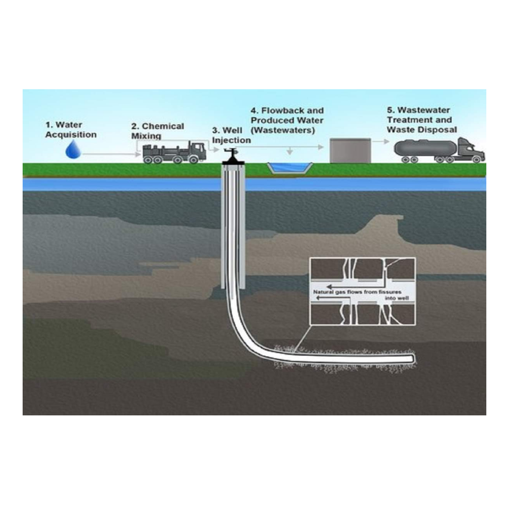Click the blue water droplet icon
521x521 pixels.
(73, 150)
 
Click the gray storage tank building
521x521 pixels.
(350, 151)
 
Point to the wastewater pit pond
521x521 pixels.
(290, 167)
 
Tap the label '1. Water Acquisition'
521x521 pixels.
(71, 130)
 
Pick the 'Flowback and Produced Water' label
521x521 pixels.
(287, 115)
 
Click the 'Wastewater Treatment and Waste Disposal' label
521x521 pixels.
(422, 120)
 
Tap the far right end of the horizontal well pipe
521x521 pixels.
(413, 359)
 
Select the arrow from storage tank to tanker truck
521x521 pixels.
(381, 143)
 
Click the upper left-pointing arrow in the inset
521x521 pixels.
(336, 286)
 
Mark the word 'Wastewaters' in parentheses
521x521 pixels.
(283, 130)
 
